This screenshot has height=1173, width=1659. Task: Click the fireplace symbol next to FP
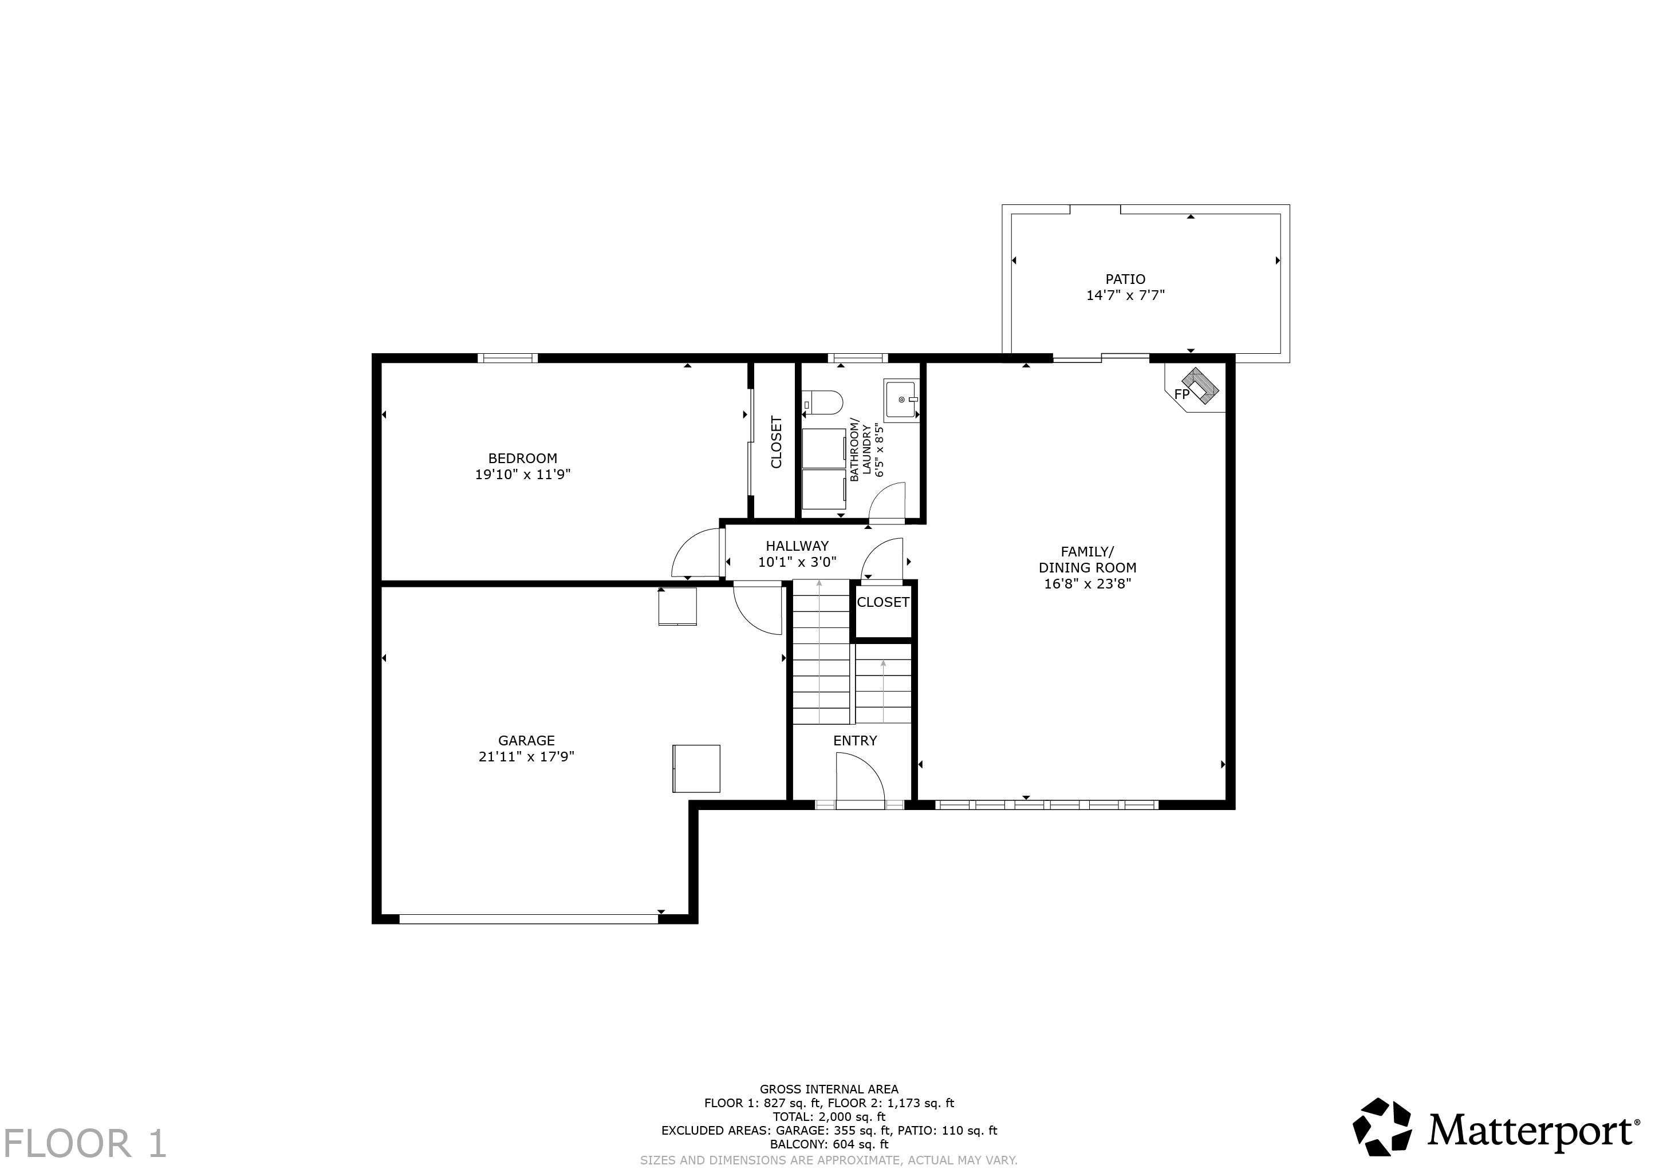[1200, 386]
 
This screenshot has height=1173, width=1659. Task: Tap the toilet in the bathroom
[822, 402]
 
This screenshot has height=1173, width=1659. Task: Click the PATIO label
[1125, 279]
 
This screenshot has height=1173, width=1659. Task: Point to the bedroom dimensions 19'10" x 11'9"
[522, 475]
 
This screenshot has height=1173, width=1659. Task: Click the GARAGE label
[526, 740]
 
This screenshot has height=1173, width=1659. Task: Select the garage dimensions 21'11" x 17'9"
[526, 757]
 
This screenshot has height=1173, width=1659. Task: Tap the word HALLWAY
[797, 546]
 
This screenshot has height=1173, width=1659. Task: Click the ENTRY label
[855, 740]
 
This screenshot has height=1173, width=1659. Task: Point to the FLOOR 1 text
[85, 1143]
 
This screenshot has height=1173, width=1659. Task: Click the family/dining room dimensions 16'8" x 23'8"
[1087, 583]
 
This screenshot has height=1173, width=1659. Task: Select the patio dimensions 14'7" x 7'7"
[1125, 295]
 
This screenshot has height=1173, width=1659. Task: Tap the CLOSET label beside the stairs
[883, 602]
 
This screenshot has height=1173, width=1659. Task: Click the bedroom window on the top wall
[507, 358]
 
